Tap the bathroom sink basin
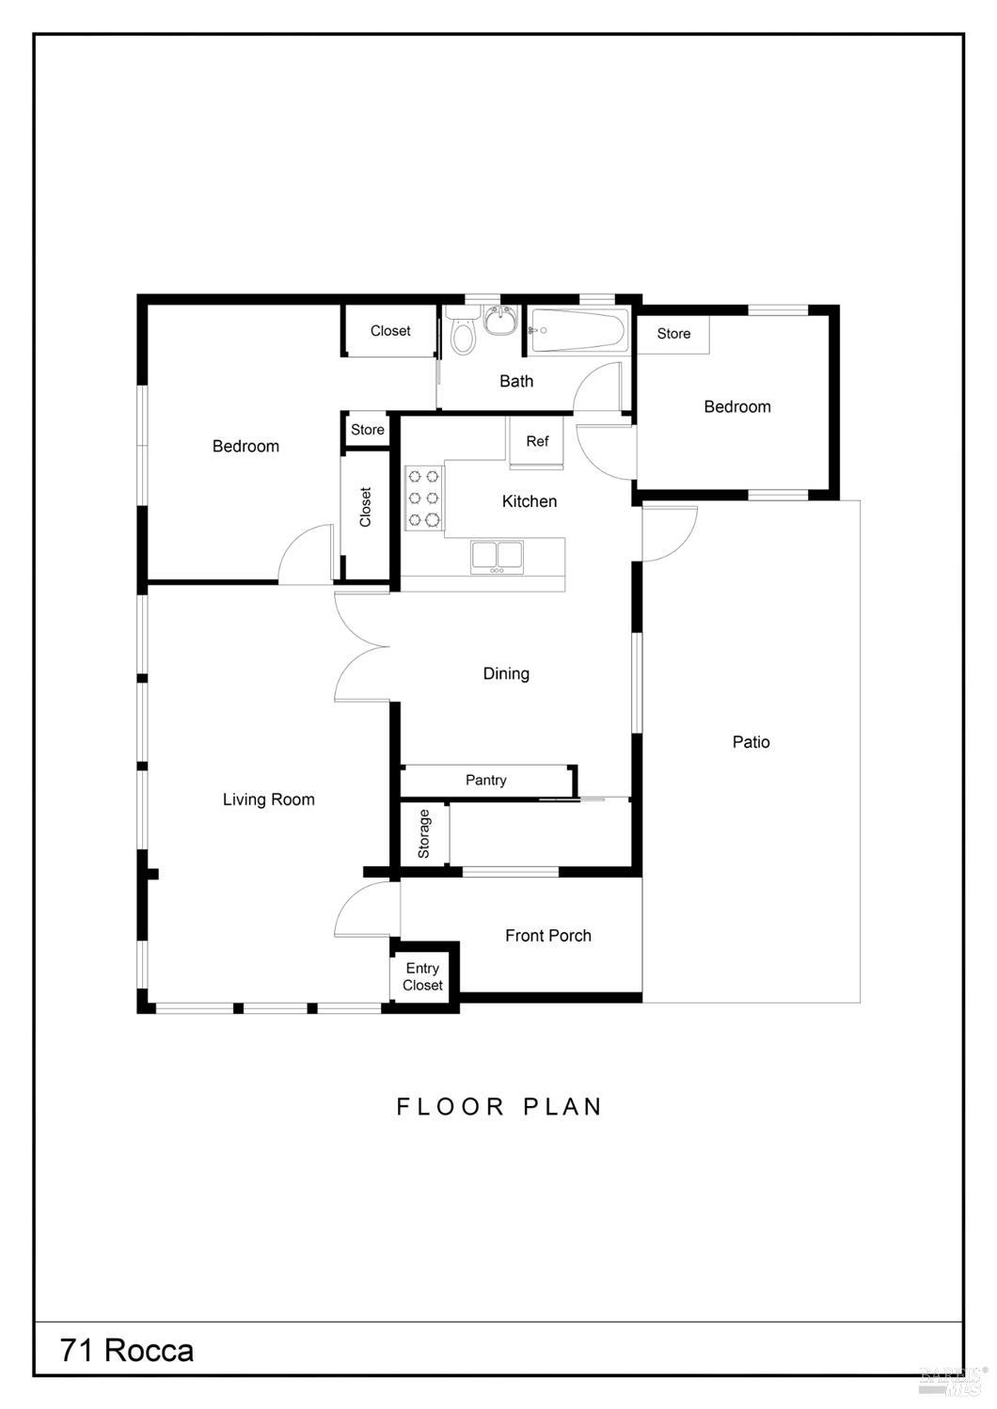[x=500, y=320]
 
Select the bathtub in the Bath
[x=577, y=331]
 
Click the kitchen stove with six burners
[x=423, y=498]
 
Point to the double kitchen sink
[x=497, y=556]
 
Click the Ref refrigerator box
[x=536, y=441]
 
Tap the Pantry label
[x=486, y=780]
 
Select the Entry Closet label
[x=422, y=976]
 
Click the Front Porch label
[x=548, y=935]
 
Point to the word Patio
[x=751, y=742]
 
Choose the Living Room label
[x=268, y=799]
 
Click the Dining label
[x=506, y=673]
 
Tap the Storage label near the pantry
[x=423, y=833]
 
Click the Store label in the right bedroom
[x=673, y=334]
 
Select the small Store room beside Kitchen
[x=368, y=430]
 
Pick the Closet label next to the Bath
[x=390, y=331]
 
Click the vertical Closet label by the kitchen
[x=366, y=507]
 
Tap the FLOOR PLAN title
[x=499, y=1106]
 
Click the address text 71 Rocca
[x=127, y=1350]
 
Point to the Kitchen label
[x=530, y=501]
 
